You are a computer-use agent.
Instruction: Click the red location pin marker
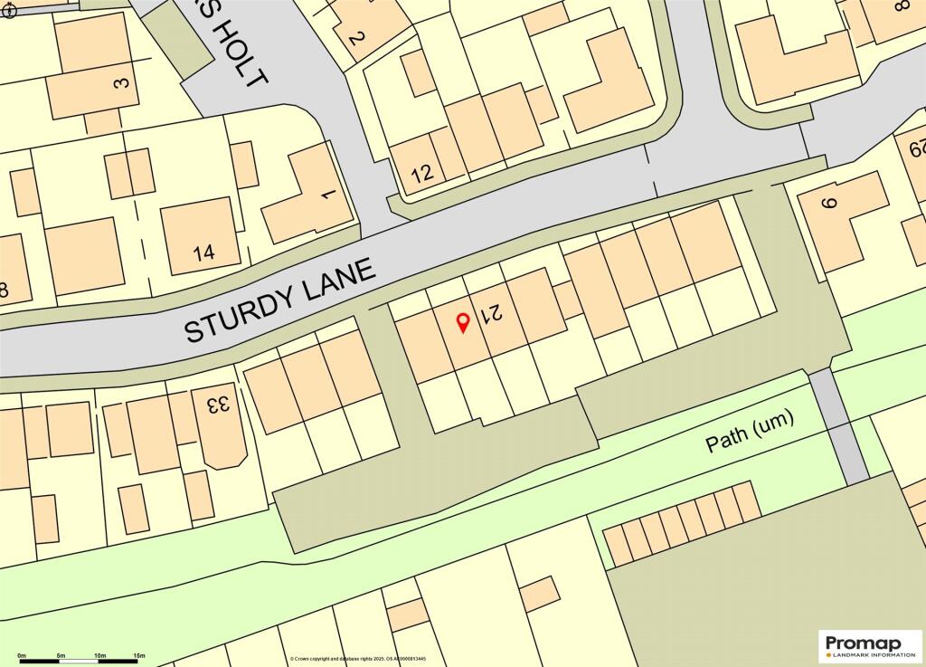coord(463,321)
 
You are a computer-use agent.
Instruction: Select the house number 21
coord(490,314)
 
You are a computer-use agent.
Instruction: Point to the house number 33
coord(216,405)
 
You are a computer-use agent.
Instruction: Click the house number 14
coord(204,253)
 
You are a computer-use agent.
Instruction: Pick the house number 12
coord(422,173)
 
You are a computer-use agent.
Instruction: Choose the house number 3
coord(121,83)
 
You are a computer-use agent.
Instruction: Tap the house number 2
coord(355,38)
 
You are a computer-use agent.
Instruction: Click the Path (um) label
coord(749,432)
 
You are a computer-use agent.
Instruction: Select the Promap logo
coord(870,646)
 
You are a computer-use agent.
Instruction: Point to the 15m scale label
coord(139,654)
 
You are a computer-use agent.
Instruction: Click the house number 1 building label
coord(327,194)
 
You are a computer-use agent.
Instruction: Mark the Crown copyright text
coord(371,658)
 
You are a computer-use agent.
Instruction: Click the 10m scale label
coord(99,654)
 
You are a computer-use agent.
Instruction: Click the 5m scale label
coord(61,654)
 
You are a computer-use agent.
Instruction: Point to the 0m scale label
coord(22,654)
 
